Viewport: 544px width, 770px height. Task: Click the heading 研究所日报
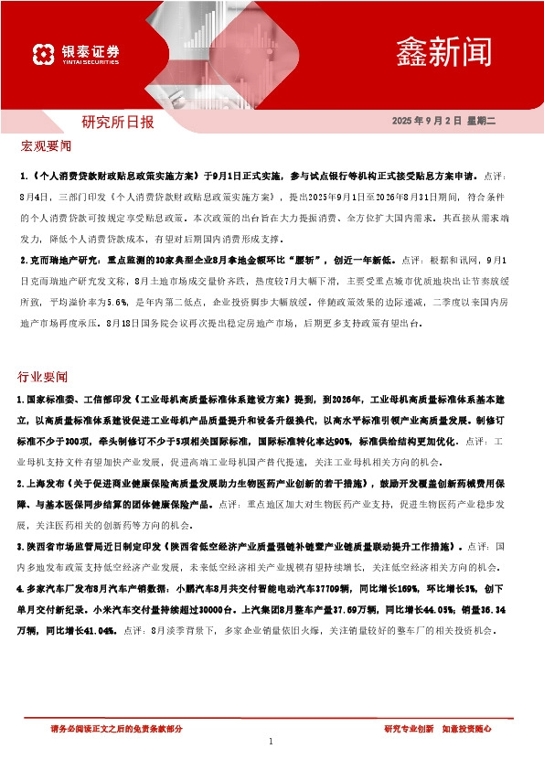pos(118,122)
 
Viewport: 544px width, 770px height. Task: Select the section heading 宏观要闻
pos(45,146)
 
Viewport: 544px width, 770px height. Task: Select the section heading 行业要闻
pos(43,376)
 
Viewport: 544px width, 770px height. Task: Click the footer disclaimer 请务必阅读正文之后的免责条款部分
pos(116,729)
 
